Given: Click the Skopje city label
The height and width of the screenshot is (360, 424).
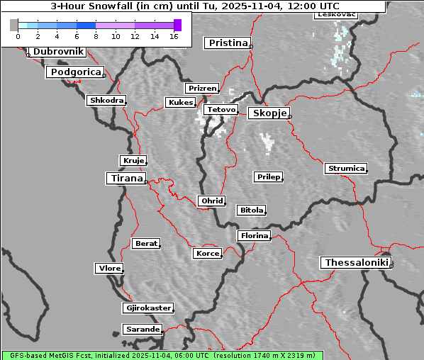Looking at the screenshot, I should coord(268,113).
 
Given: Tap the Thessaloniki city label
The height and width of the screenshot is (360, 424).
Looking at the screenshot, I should coord(356,263).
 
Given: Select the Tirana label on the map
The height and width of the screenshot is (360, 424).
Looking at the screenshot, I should coord(125,179).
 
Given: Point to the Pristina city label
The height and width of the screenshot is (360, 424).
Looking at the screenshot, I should coord(228,43).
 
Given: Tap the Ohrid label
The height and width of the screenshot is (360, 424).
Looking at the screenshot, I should coord(212,201).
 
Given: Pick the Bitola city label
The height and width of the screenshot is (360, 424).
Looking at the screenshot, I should coord(251,210).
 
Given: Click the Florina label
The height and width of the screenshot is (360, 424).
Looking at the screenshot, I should coord(254,235).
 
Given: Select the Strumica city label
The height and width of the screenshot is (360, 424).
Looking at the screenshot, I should coord(345,169).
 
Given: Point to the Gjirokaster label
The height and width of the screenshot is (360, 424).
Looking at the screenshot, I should coord(147,308).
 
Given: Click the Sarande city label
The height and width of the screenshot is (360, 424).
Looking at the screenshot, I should coord(142,330).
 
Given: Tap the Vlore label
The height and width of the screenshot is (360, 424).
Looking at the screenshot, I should coord(108,269).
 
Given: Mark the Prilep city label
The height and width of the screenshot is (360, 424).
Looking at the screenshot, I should coord(268,176).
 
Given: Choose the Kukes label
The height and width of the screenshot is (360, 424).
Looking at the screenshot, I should coord(179,103).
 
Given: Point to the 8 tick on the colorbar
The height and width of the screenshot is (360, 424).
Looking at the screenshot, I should coord(96,35).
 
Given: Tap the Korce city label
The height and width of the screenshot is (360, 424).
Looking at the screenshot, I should coord(207,254).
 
